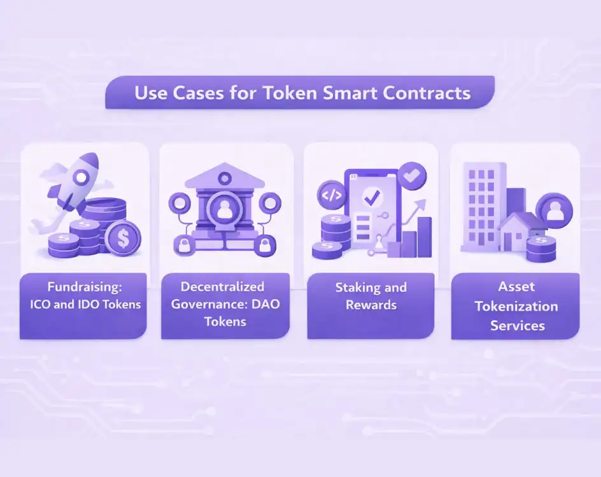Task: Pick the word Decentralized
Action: point(222,286)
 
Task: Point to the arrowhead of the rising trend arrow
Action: point(421,203)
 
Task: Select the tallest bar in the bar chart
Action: point(425,237)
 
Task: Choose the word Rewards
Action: point(371,304)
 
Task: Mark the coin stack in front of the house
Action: point(541,247)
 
